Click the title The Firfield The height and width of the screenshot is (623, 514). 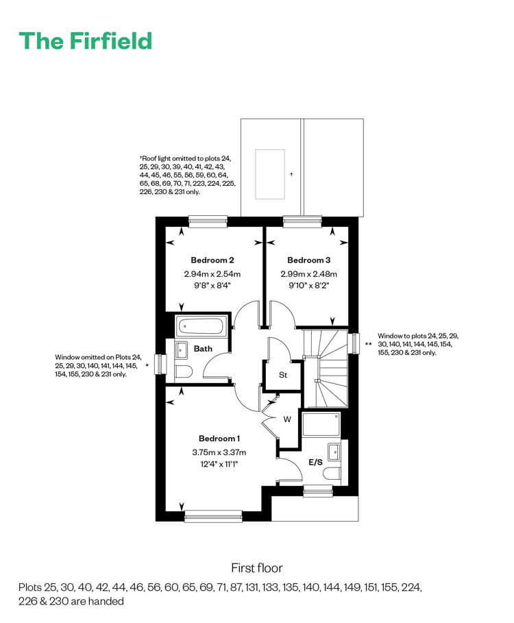[86, 41]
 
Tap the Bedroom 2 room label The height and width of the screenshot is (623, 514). [212, 260]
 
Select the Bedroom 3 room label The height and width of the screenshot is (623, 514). [308, 260]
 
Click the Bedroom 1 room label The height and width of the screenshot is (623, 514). [219, 439]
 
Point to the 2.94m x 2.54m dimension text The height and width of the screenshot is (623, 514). [212, 273]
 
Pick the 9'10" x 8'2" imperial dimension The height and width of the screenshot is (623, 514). [308, 285]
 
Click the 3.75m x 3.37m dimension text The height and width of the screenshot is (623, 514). [219, 452]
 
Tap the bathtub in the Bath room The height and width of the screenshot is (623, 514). [201, 326]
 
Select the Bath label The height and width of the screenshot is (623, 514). [203, 349]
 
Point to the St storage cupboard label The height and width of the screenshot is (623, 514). [283, 375]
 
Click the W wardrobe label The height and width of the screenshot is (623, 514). [287, 419]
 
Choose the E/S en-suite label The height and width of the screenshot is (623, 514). [316, 462]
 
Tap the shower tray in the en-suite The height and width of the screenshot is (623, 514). [321, 425]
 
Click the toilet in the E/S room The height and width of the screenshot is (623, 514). [332, 474]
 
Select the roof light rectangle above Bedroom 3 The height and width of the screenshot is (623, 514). [270, 174]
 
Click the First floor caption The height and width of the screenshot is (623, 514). [257, 568]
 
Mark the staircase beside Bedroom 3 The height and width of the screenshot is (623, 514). [326, 368]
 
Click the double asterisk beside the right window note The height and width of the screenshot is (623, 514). [369, 344]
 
